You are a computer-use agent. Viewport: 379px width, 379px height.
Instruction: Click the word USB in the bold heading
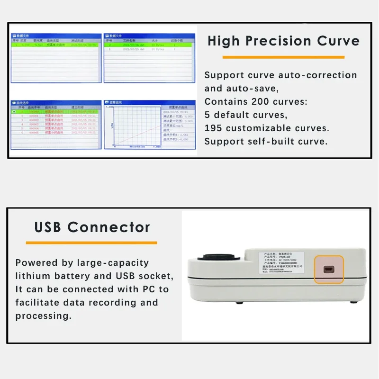coord(48,227)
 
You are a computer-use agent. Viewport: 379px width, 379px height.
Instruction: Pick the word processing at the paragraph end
coord(43,316)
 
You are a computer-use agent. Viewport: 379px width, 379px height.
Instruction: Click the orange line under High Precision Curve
coord(283,57)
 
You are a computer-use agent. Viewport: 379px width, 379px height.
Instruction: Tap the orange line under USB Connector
coord(91,243)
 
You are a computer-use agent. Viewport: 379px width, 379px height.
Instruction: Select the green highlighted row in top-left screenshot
coord(56,45)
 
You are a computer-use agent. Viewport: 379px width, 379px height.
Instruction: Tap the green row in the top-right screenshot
coord(149,45)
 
